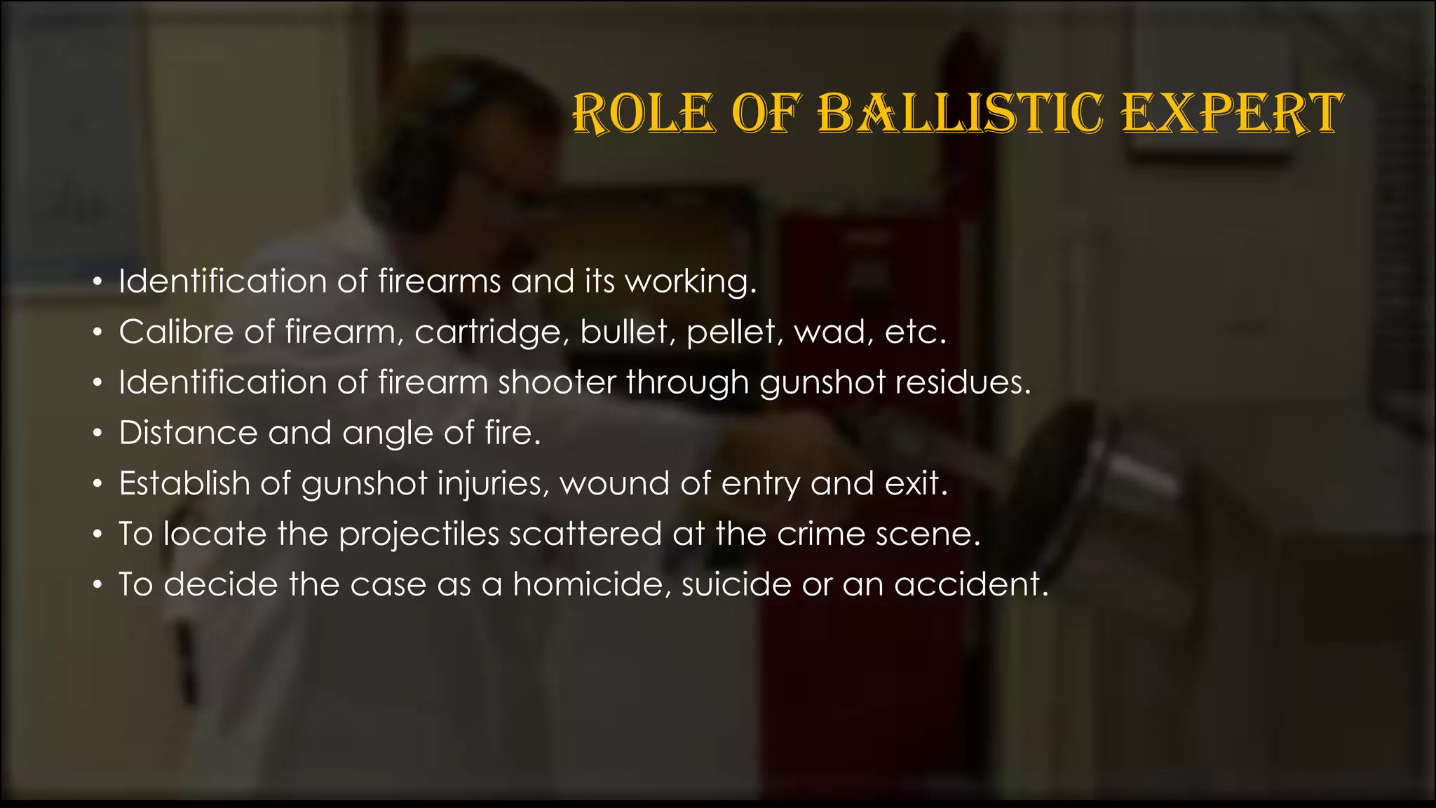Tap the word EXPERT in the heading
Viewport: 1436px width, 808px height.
pos(1232,113)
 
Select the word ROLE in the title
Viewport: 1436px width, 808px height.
pos(644,113)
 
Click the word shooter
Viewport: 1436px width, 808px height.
pos(557,382)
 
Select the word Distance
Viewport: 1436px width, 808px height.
pos(188,433)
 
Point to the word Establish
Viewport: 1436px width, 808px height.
pos(184,483)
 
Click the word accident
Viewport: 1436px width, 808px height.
pos(971,584)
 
